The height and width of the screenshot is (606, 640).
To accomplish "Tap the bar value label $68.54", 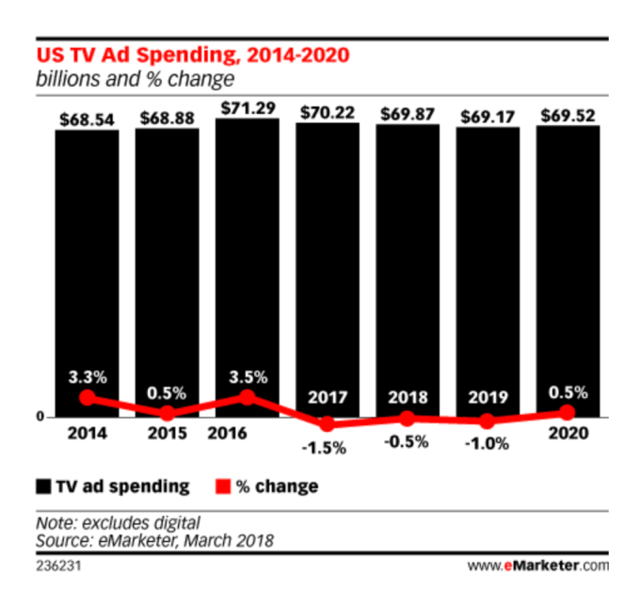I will tap(87, 120).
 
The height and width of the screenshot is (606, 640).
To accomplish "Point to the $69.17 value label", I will tap(488, 117).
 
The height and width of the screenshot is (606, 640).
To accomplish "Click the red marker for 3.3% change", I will tap(87, 397).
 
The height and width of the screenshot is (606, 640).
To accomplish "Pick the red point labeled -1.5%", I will tap(328, 423).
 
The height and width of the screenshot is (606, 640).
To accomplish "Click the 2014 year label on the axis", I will tap(87, 435).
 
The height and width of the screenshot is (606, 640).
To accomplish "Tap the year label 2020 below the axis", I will tap(568, 435).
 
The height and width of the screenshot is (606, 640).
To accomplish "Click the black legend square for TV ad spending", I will tap(43, 486).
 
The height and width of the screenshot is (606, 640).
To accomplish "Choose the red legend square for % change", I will tap(222, 486).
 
